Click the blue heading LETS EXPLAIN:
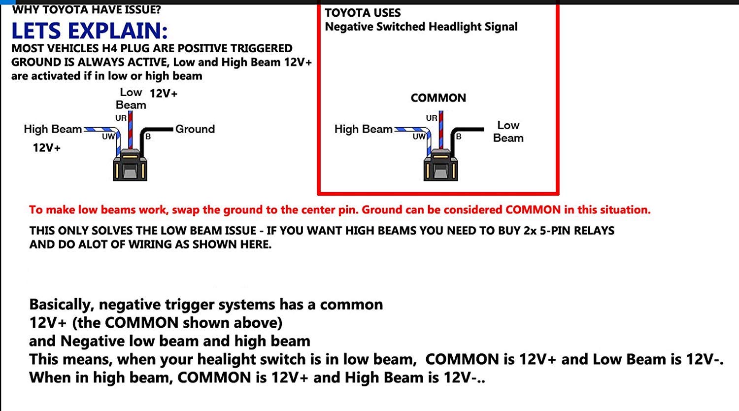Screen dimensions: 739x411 [x=89, y=31]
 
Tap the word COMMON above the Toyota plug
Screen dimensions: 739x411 [x=438, y=98]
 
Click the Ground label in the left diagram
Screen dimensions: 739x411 [x=195, y=129]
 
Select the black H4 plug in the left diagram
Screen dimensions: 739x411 [x=130, y=165]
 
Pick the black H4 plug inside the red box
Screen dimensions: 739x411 [x=440, y=165]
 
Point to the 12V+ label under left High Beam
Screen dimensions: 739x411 [x=46, y=147]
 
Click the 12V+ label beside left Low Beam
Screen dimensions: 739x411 [x=164, y=94]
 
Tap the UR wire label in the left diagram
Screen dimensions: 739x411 [x=121, y=118]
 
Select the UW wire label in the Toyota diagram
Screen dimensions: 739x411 [x=419, y=137]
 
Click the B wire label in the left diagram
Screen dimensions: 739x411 [x=148, y=137]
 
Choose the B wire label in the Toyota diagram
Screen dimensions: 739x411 [x=459, y=137]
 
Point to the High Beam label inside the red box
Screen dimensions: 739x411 [x=363, y=129]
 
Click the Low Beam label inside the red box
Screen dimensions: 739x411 [x=508, y=132]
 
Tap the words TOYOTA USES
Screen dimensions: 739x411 [x=363, y=13]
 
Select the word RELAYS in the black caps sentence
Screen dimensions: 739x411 [x=594, y=231]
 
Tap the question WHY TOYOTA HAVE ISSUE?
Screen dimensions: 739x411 [x=86, y=9]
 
